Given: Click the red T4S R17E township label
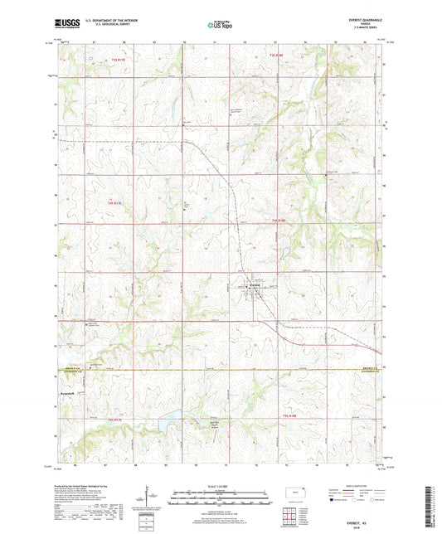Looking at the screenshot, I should (x=117, y=201).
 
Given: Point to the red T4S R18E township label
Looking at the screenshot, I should (x=279, y=220).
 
